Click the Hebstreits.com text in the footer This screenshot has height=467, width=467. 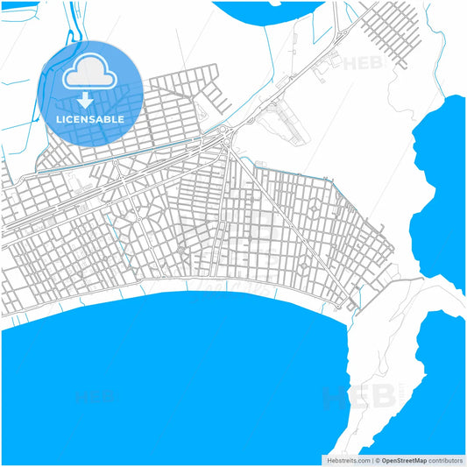pos(348,460)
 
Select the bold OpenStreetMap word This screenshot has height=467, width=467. pos(403,460)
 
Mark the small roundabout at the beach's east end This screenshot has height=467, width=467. pos(353,305)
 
